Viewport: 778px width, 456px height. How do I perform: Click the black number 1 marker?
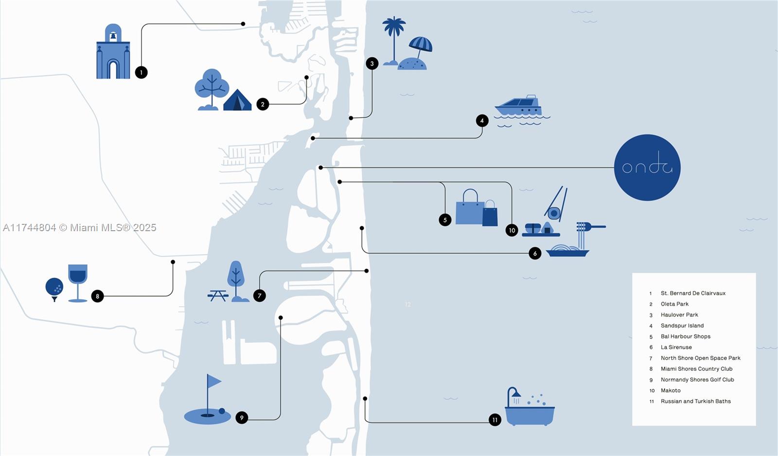tap(141, 73)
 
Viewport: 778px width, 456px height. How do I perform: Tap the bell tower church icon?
tap(113, 53)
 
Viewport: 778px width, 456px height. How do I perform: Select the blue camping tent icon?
tap(237, 100)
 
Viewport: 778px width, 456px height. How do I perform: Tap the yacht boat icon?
tap(519, 107)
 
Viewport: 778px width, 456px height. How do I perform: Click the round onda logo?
tap(647, 167)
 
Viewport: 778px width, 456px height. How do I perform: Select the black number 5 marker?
tap(445, 220)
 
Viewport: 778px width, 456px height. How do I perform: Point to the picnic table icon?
tap(218, 295)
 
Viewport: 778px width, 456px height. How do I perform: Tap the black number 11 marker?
tap(495, 420)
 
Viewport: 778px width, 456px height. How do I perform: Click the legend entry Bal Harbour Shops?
tap(685, 336)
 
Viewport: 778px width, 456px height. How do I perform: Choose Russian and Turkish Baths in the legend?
tap(695, 401)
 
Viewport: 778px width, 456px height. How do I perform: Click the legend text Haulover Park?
tap(679, 315)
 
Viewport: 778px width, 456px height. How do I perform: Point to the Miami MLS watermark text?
tap(80, 228)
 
